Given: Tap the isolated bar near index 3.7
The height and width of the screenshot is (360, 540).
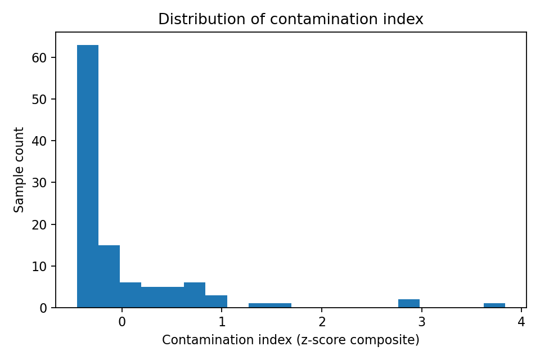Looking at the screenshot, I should [494, 305].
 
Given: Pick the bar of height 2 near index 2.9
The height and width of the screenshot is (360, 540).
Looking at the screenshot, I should [409, 304].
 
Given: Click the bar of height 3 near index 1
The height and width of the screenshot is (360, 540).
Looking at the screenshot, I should [216, 301].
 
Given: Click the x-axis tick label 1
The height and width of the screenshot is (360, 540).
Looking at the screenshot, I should [222, 322].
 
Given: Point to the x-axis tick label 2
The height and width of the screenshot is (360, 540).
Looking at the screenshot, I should [322, 322].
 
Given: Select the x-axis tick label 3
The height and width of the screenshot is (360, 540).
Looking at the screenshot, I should [422, 322].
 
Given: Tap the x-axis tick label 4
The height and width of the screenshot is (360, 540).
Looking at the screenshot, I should [521, 322].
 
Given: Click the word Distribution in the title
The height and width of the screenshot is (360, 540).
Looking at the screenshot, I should [190, 20].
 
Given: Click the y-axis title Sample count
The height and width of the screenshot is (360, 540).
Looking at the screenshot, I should [20, 170].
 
